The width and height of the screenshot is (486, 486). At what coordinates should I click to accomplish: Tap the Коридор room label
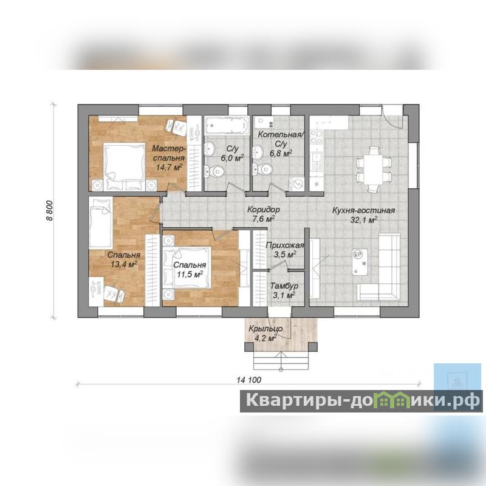click(264, 210)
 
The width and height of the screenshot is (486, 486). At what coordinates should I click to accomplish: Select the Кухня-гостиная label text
click(363, 210)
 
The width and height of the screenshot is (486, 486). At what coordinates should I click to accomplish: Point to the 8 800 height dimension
click(50, 210)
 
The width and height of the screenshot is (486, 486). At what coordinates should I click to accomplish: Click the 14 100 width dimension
click(249, 380)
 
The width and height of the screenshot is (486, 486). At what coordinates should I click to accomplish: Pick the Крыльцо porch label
click(265, 329)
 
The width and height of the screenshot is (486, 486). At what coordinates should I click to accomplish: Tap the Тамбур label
click(284, 286)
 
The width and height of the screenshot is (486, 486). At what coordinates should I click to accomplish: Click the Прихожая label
click(285, 245)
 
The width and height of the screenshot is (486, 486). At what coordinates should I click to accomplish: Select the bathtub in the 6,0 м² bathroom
click(227, 126)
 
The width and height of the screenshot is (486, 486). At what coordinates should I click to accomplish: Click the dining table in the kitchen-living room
click(374, 169)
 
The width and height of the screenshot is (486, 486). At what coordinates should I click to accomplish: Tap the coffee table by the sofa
click(360, 262)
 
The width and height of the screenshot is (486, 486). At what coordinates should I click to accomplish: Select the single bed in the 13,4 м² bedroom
click(100, 222)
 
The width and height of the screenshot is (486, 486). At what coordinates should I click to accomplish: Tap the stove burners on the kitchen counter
click(317, 137)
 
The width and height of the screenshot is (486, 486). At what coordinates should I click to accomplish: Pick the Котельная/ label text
click(281, 134)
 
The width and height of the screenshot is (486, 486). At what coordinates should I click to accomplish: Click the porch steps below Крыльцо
click(281, 360)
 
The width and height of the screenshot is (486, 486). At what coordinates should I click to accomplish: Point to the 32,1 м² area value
click(364, 220)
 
